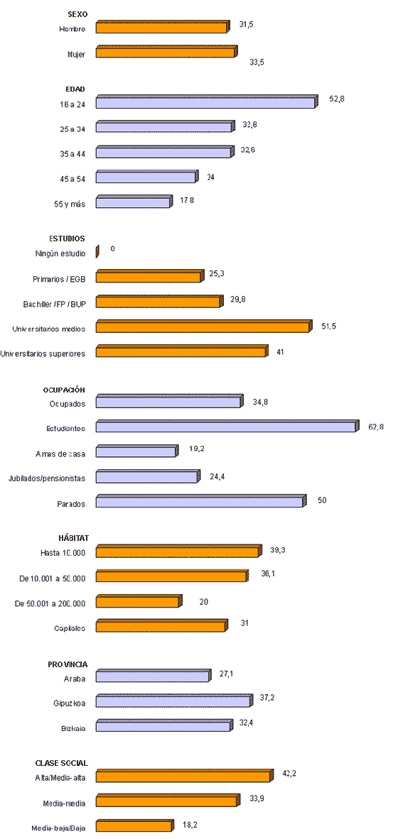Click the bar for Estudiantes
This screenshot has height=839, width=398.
point(227,427)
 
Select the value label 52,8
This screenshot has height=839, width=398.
point(337,99)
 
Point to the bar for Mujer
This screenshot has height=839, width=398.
point(166,52)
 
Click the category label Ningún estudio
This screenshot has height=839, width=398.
point(60,253)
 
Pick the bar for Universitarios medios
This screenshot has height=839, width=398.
point(203,327)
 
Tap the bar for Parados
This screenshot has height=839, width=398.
point(200,502)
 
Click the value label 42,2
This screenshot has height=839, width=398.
point(289,773)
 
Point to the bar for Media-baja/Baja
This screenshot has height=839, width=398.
point(134,826)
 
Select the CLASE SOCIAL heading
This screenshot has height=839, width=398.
point(62,763)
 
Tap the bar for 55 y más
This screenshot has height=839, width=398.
point(134,202)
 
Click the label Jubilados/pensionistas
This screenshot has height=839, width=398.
point(46,479)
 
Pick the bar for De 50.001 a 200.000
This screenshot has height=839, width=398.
point(138,602)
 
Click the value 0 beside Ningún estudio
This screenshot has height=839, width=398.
point(112,248)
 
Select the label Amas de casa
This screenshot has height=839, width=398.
point(60,454)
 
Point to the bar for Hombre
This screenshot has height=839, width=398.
point(162,28)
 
